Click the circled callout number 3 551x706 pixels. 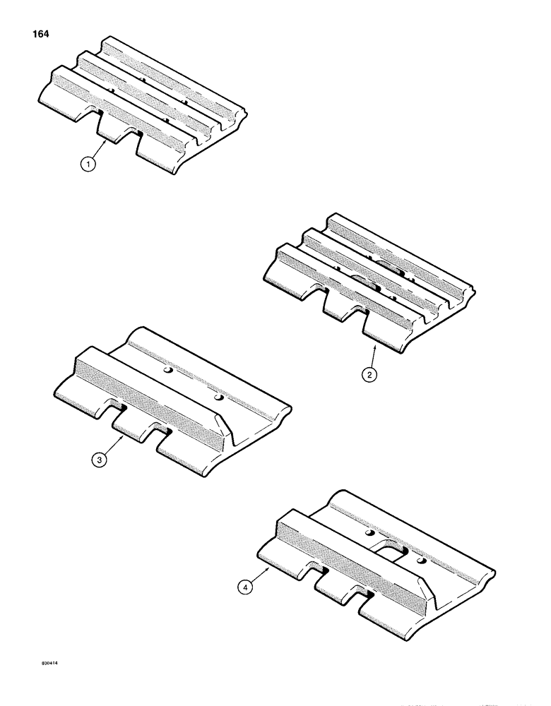coord(101,460)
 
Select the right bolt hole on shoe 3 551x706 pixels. coord(220,399)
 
